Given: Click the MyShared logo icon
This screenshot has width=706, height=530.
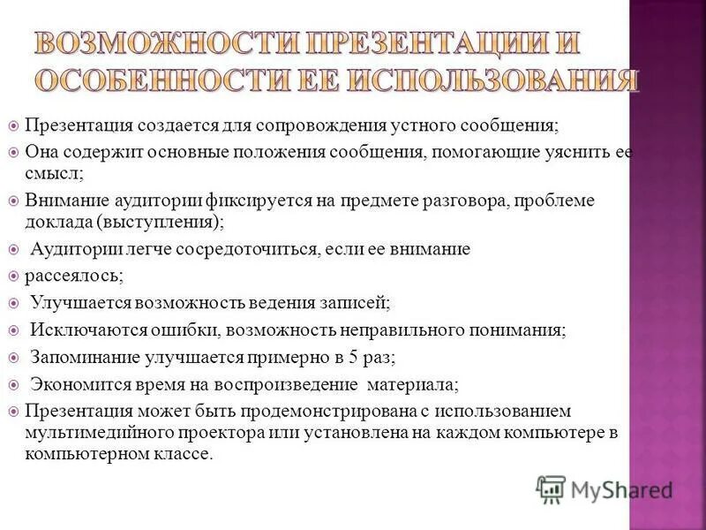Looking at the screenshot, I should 551,488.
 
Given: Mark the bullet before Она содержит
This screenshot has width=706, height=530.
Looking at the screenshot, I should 12,151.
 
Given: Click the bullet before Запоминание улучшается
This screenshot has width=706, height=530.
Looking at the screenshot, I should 12,359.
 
